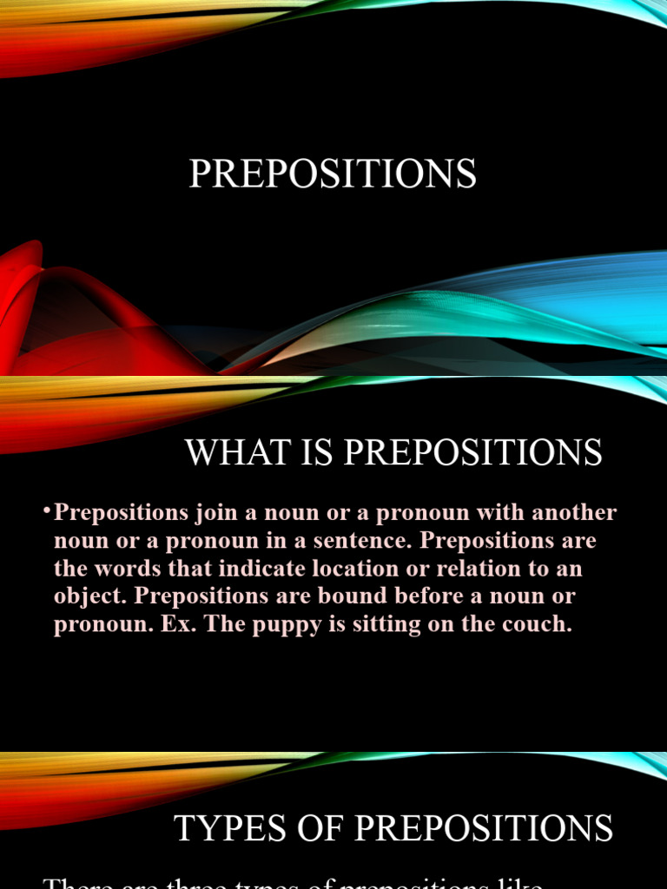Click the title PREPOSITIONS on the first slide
[333, 174]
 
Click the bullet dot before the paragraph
[47, 510]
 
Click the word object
[83, 597]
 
